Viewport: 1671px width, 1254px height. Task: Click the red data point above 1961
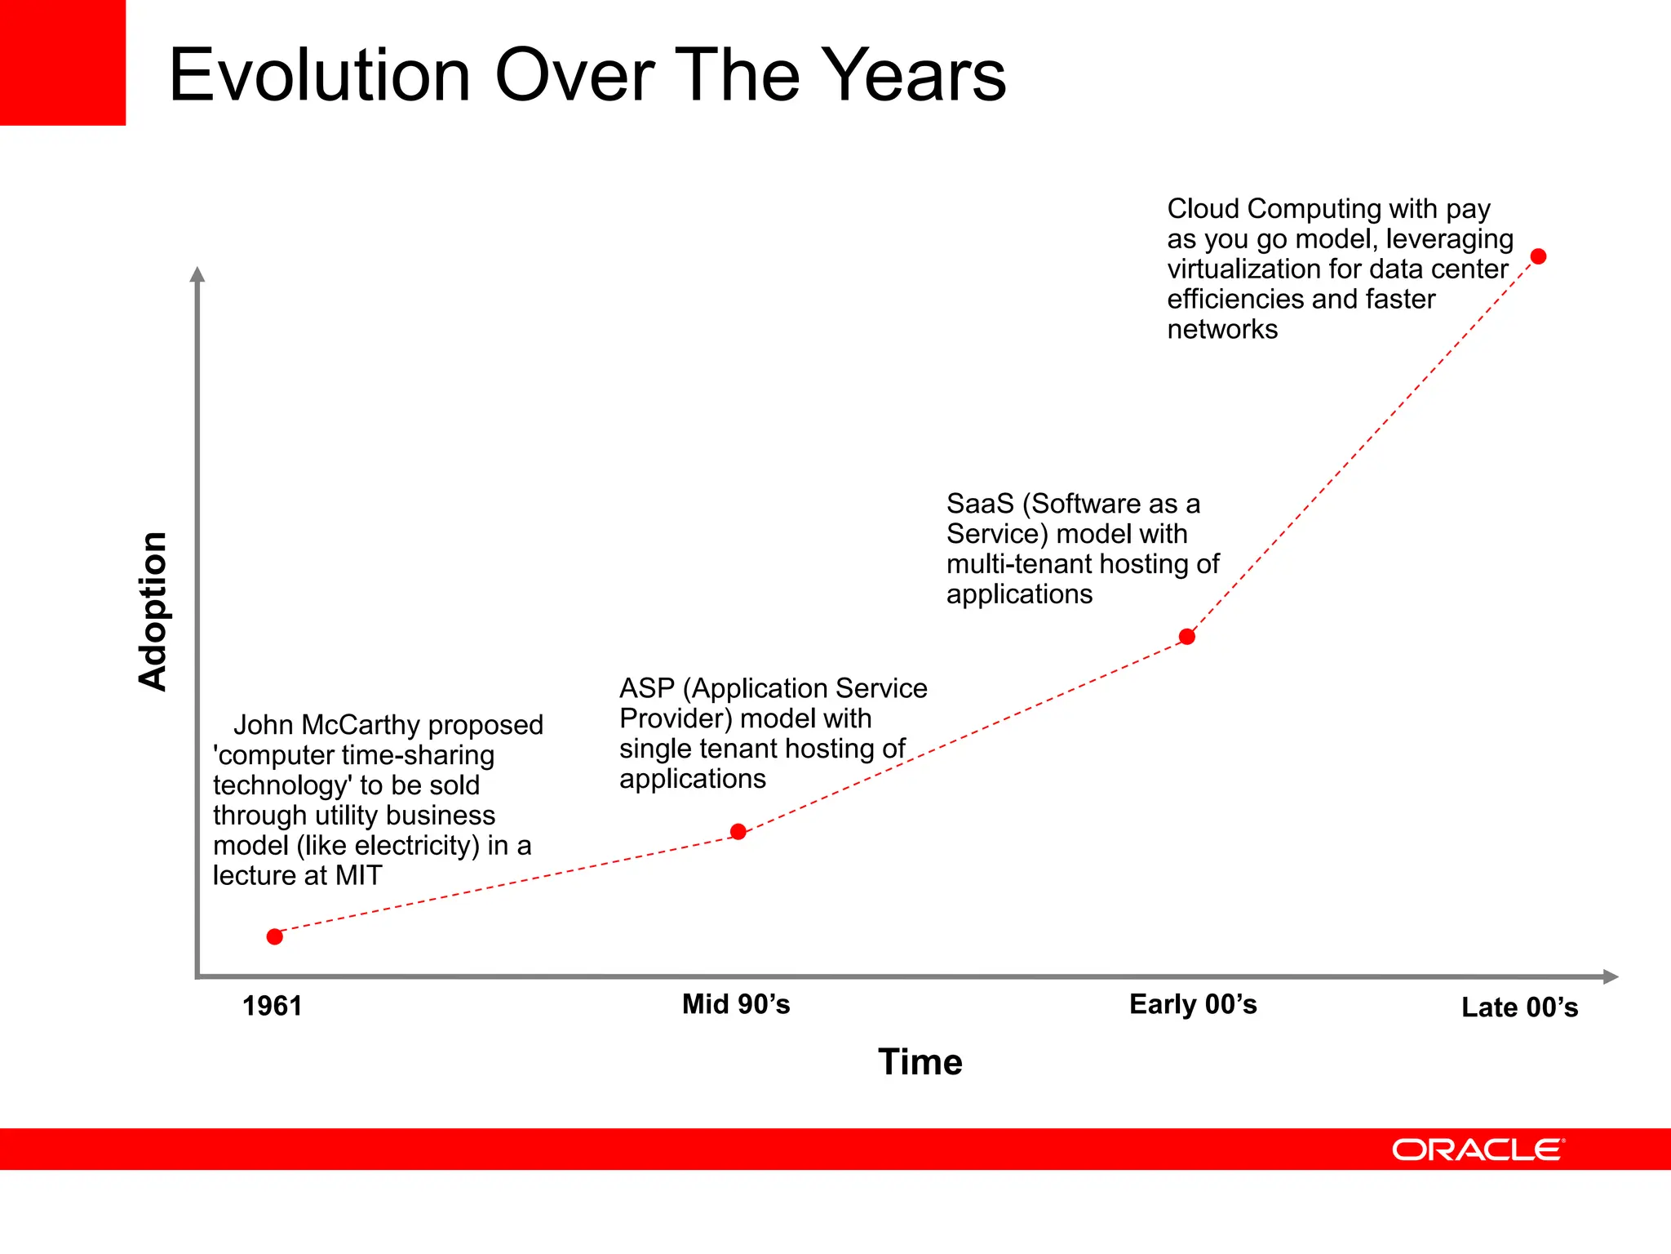tap(275, 936)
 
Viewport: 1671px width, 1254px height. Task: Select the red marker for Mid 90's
tap(738, 832)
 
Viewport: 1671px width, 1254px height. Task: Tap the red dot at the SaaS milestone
tap(1187, 637)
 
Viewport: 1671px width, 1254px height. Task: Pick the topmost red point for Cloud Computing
tap(1539, 256)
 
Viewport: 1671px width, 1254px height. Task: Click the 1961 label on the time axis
tap(273, 1006)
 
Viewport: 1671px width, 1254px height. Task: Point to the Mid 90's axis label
tap(736, 1004)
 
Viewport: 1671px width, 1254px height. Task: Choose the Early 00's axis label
tap(1193, 1004)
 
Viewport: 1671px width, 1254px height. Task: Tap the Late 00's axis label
tap(1519, 1007)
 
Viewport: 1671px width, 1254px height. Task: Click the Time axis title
tap(920, 1062)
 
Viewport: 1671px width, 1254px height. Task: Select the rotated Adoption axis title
tap(153, 611)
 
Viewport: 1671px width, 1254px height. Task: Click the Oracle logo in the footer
tap(1478, 1149)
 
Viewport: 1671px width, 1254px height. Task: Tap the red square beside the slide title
tap(63, 63)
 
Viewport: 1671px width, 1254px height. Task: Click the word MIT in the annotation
tap(358, 875)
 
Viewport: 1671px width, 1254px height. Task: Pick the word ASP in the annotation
tap(646, 688)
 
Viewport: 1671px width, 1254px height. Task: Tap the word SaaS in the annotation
tap(979, 504)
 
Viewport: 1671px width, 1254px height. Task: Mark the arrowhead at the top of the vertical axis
tap(197, 274)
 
